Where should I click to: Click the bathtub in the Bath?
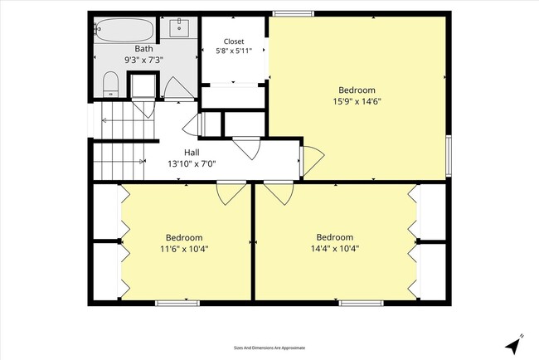point(124,30)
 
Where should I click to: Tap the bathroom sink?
point(179,28)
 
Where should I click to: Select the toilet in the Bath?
point(110,84)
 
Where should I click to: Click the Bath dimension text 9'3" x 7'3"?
point(143,60)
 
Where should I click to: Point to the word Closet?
point(234,41)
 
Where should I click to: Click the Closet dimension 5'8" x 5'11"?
point(234,51)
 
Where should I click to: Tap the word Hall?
point(192,153)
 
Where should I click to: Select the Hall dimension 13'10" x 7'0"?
point(192,163)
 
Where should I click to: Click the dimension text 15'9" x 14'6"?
point(357,101)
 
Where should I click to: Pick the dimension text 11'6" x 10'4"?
point(184,249)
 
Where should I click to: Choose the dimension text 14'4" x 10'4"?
point(335,248)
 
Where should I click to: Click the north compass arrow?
point(513,344)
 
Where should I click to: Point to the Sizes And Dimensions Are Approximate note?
point(269,348)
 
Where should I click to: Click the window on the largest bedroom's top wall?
point(294,13)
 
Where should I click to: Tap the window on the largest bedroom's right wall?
point(449,156)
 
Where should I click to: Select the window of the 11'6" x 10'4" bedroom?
point(177,303)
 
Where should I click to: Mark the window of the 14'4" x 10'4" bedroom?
point(361,303)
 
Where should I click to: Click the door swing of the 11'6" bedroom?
point(231,192)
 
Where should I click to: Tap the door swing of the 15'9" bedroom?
point(312,161)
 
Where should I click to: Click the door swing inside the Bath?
point(178,89)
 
